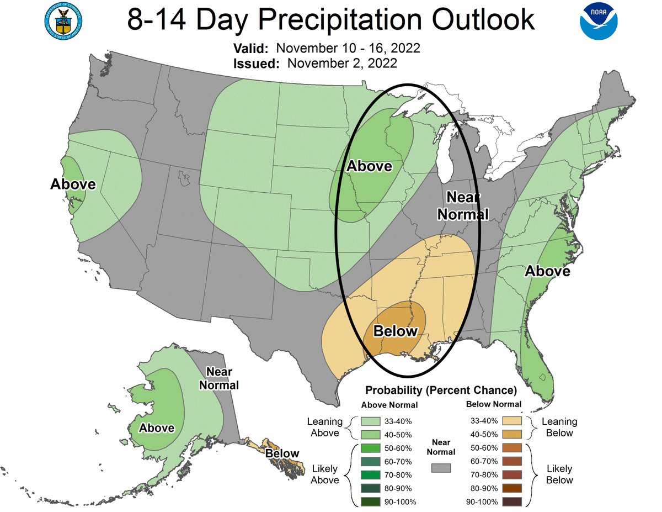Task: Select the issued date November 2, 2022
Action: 341,63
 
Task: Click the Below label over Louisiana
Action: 396,331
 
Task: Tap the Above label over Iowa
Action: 369,166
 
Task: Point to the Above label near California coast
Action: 73,184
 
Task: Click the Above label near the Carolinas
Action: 547,271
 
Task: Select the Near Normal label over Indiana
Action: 467,205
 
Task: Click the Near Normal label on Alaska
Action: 219,378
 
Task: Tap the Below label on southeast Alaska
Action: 282,453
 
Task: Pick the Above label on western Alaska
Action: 157,427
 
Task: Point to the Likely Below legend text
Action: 559,474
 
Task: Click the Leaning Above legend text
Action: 324,427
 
